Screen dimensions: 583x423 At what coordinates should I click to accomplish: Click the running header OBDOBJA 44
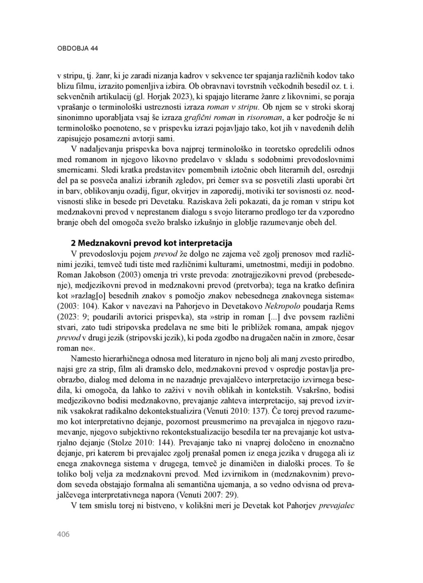point(77,48)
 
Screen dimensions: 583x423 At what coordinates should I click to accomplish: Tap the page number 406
point(63,534)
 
